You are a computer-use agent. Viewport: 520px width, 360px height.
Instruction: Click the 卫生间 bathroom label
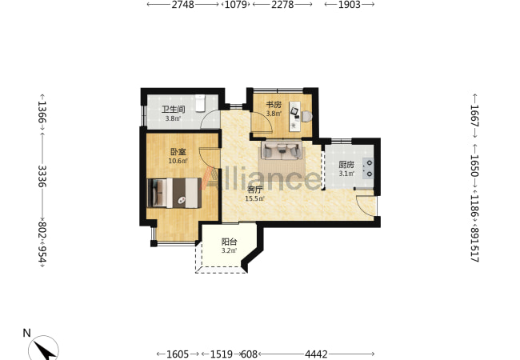pyautogui.click(x=173, y=110)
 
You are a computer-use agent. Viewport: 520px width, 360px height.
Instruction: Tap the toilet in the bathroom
pyautogui.click(x=200, y=103)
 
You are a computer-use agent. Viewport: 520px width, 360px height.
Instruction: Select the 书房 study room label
pyautogui.click(x=274, y=105)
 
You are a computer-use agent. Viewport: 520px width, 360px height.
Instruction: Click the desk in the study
pyautogui.click(x=294, y=116)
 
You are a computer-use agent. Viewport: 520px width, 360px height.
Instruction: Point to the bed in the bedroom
pyautogui.click(x=174, y=193)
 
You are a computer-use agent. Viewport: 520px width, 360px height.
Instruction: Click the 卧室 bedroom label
pyautogui.click(x=178, y=152)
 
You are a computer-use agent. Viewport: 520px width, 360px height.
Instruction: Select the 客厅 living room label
pyautogui.click(x=255, y=190)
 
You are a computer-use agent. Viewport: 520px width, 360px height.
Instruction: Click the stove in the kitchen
pyautogui.click(x=368, y=168)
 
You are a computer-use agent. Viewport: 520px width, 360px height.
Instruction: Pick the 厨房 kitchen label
pyautogui.click(x=346, y=165)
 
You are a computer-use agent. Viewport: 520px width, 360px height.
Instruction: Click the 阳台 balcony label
pyautogui.click(x=229, y=242)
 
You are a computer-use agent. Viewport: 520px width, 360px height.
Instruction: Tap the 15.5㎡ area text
pyautogui.click(x=254, y=199)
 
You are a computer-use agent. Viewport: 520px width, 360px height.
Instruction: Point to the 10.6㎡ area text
pyautogui.click(x=178, y=161)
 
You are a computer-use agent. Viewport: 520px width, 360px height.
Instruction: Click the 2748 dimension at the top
pyautogui.click(x=182, y=5)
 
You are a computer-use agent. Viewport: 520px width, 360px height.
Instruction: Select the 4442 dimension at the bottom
pyautogui.click(x=316, y=354)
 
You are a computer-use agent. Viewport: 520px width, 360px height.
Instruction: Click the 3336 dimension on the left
pyautogui.click(x=42, y=176)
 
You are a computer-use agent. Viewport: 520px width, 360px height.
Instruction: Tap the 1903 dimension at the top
pyautogui.click(x=350, y=5)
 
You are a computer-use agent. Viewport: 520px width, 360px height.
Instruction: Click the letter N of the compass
pyautogui.click(x=27, y=333)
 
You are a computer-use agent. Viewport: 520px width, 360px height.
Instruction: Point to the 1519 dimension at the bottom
pyautogui.click(x=222, y=354)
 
